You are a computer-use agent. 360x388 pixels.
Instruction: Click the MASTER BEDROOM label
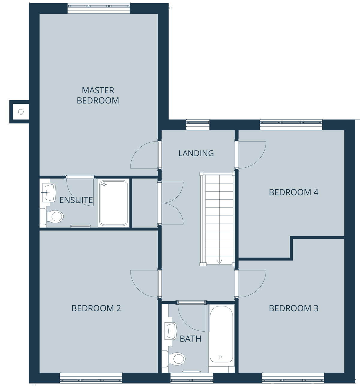pyautogui.click(x=98, y=95)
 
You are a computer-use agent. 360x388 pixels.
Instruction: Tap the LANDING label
pyautogui.click(x=196, y=153)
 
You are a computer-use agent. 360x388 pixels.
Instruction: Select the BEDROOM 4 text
pyautogui.click(x=293, y=193)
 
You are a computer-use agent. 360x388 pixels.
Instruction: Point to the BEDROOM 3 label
pyautogui.click(x=293, y=309)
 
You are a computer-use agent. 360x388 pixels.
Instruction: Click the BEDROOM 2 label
pyautogui.click(x=96, y=309)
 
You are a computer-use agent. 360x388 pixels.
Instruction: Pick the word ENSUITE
pyautogui.click(x=76, y=200)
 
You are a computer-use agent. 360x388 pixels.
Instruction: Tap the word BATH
pyautogui.click(x=190, y=339)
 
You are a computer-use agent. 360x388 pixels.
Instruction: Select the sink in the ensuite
pyautogui.click(x=49, y=193)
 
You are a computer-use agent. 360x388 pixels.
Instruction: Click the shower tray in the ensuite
pyautogui.click(x=113, y=203)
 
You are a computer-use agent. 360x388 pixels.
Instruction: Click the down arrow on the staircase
pyautogui.click(x=219, y=262)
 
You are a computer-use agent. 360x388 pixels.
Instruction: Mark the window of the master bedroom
pyautogui.click(x=99, y=8)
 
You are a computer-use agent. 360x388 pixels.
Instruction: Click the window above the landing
pyautogui.click(x=198, y=125)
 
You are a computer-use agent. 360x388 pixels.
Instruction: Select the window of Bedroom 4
pyautogui.click(x=291, y=125)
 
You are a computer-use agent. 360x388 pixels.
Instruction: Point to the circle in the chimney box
pyautogui.click(x=21, y=112)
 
